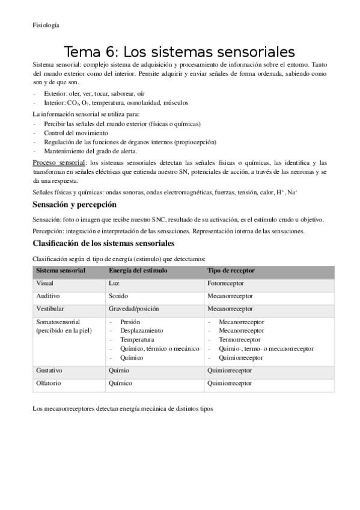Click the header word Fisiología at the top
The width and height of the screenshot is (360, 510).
click(x=46, y=25)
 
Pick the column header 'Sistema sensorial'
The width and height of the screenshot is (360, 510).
click(x=61, y=271)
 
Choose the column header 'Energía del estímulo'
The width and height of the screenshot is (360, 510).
click(x=138, y=271)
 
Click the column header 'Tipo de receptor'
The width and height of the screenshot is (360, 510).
click(x=231, y=271)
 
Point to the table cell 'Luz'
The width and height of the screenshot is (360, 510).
click(x=114, y=283)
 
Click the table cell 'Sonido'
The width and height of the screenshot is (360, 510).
click(x=118, y=296)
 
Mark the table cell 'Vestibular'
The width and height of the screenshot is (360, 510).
click(x=51, y=309)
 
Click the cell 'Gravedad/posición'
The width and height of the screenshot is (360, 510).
click(x=133, y=309)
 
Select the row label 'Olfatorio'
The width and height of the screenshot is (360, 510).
click(x=50, y=382)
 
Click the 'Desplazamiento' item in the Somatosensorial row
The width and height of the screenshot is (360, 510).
click(x=141, y=330)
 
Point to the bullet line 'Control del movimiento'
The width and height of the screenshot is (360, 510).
click(x=76, y=132)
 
